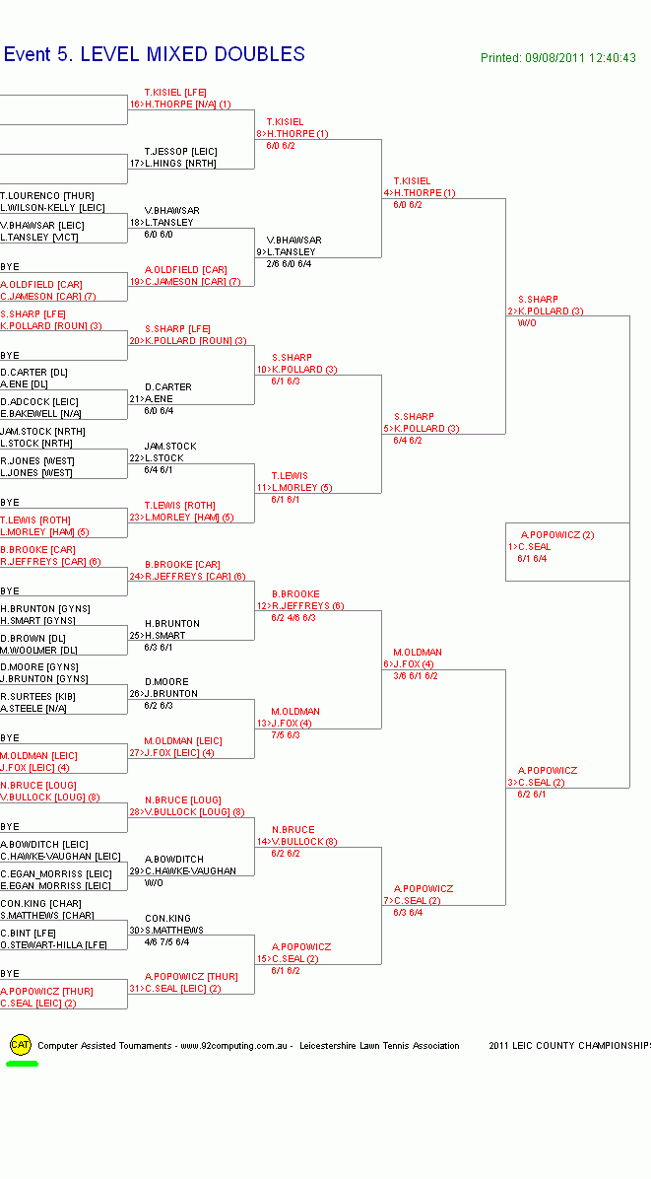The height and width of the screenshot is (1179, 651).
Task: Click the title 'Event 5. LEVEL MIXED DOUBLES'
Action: [155, 55]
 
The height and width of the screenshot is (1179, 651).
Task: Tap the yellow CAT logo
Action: [20, 1044]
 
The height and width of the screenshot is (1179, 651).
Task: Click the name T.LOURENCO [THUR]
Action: [47, 196]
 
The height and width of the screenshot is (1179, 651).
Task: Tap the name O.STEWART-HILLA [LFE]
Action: [54, 945]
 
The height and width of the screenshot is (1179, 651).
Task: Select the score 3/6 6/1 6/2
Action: [416, 676]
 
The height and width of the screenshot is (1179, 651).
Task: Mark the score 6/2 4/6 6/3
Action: [293, 618]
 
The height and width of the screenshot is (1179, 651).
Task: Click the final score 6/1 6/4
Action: [532, 559]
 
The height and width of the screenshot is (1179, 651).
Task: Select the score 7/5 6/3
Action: [286, 735]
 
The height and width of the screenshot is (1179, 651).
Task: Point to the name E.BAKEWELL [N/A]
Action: [40, 414]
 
